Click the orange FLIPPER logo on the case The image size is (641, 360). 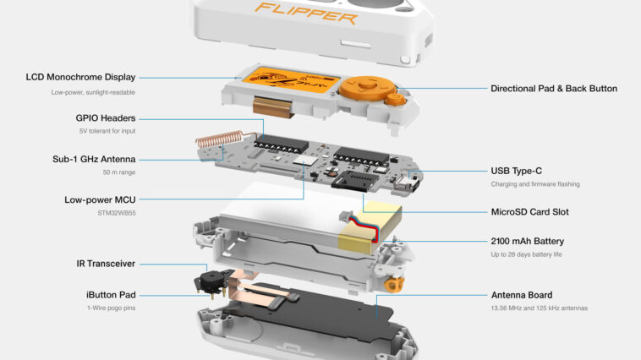pyautogui.click(x=306, y=13)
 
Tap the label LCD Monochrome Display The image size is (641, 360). pyautogui.click(x=80, y=77)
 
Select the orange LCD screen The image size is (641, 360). pyautogui.click(x=291, y=83)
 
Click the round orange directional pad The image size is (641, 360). pyautogui.click(x=368, y=87)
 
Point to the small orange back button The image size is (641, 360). pyautogui.click(x=395, y=100)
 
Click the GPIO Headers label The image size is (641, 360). pyautogui.click(x=106, y=118)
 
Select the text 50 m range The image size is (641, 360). pyautogui.click(x=119, y=172)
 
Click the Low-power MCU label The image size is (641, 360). pyautogui.click(x=100, y=199)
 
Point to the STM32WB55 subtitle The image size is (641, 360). pyautogui.click(x=117, y=213)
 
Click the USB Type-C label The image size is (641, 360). pyautogui.click(x=517, y=171)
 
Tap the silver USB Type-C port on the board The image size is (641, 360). pyautogui.click(x=407, y=184)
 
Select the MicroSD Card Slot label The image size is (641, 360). pyautogui.click(x=530, y=212)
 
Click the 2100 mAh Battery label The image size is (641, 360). pyautogui.click(x=528, y=241)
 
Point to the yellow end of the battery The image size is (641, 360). pyautogui.click(x=370, y=227)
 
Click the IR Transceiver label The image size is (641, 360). pyautogui.click(x=106, y=264)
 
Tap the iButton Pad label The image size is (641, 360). pyautogui.click(x=111, y=295)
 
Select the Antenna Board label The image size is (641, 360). pyautogui.click(x=522, y=295)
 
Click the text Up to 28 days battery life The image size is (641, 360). pyautogui.click(x=526, y=254)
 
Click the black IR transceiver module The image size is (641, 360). pyautogui.click(x=211, y=281)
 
